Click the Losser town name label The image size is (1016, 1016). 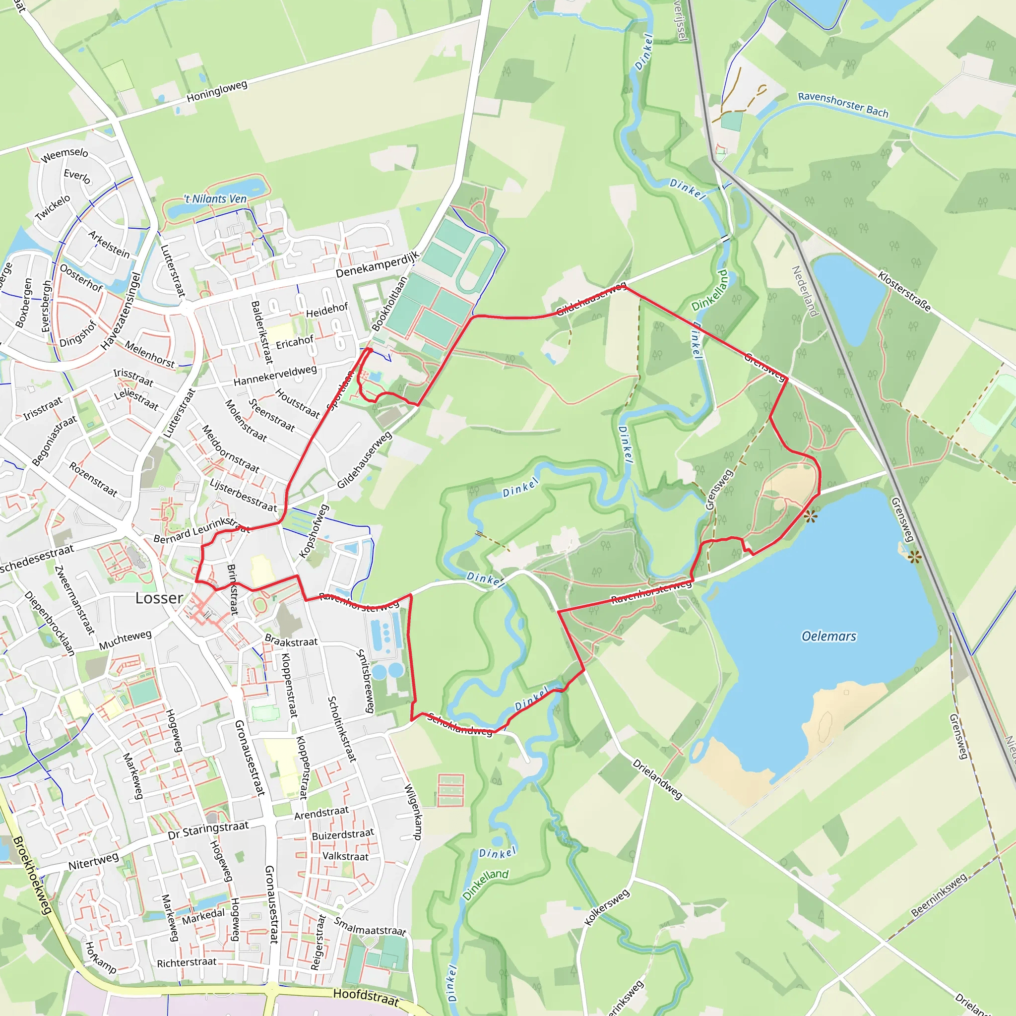pos(159,598)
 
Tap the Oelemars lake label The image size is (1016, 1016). pos(829,636)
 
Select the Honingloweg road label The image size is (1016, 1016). pos(217,91)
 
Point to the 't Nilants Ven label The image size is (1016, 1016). pos(215,199)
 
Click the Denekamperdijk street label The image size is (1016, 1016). pos(378,264)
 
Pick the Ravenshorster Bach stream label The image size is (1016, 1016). pos(843,104)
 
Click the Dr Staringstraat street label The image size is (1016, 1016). pos(208,830)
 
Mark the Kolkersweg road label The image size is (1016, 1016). pos(607,907)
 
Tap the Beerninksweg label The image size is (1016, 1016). pos(939,895)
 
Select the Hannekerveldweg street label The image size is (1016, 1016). pos(275,375)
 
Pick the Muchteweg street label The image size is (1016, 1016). pos(125,639)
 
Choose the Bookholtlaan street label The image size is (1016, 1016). pos(389,304)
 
